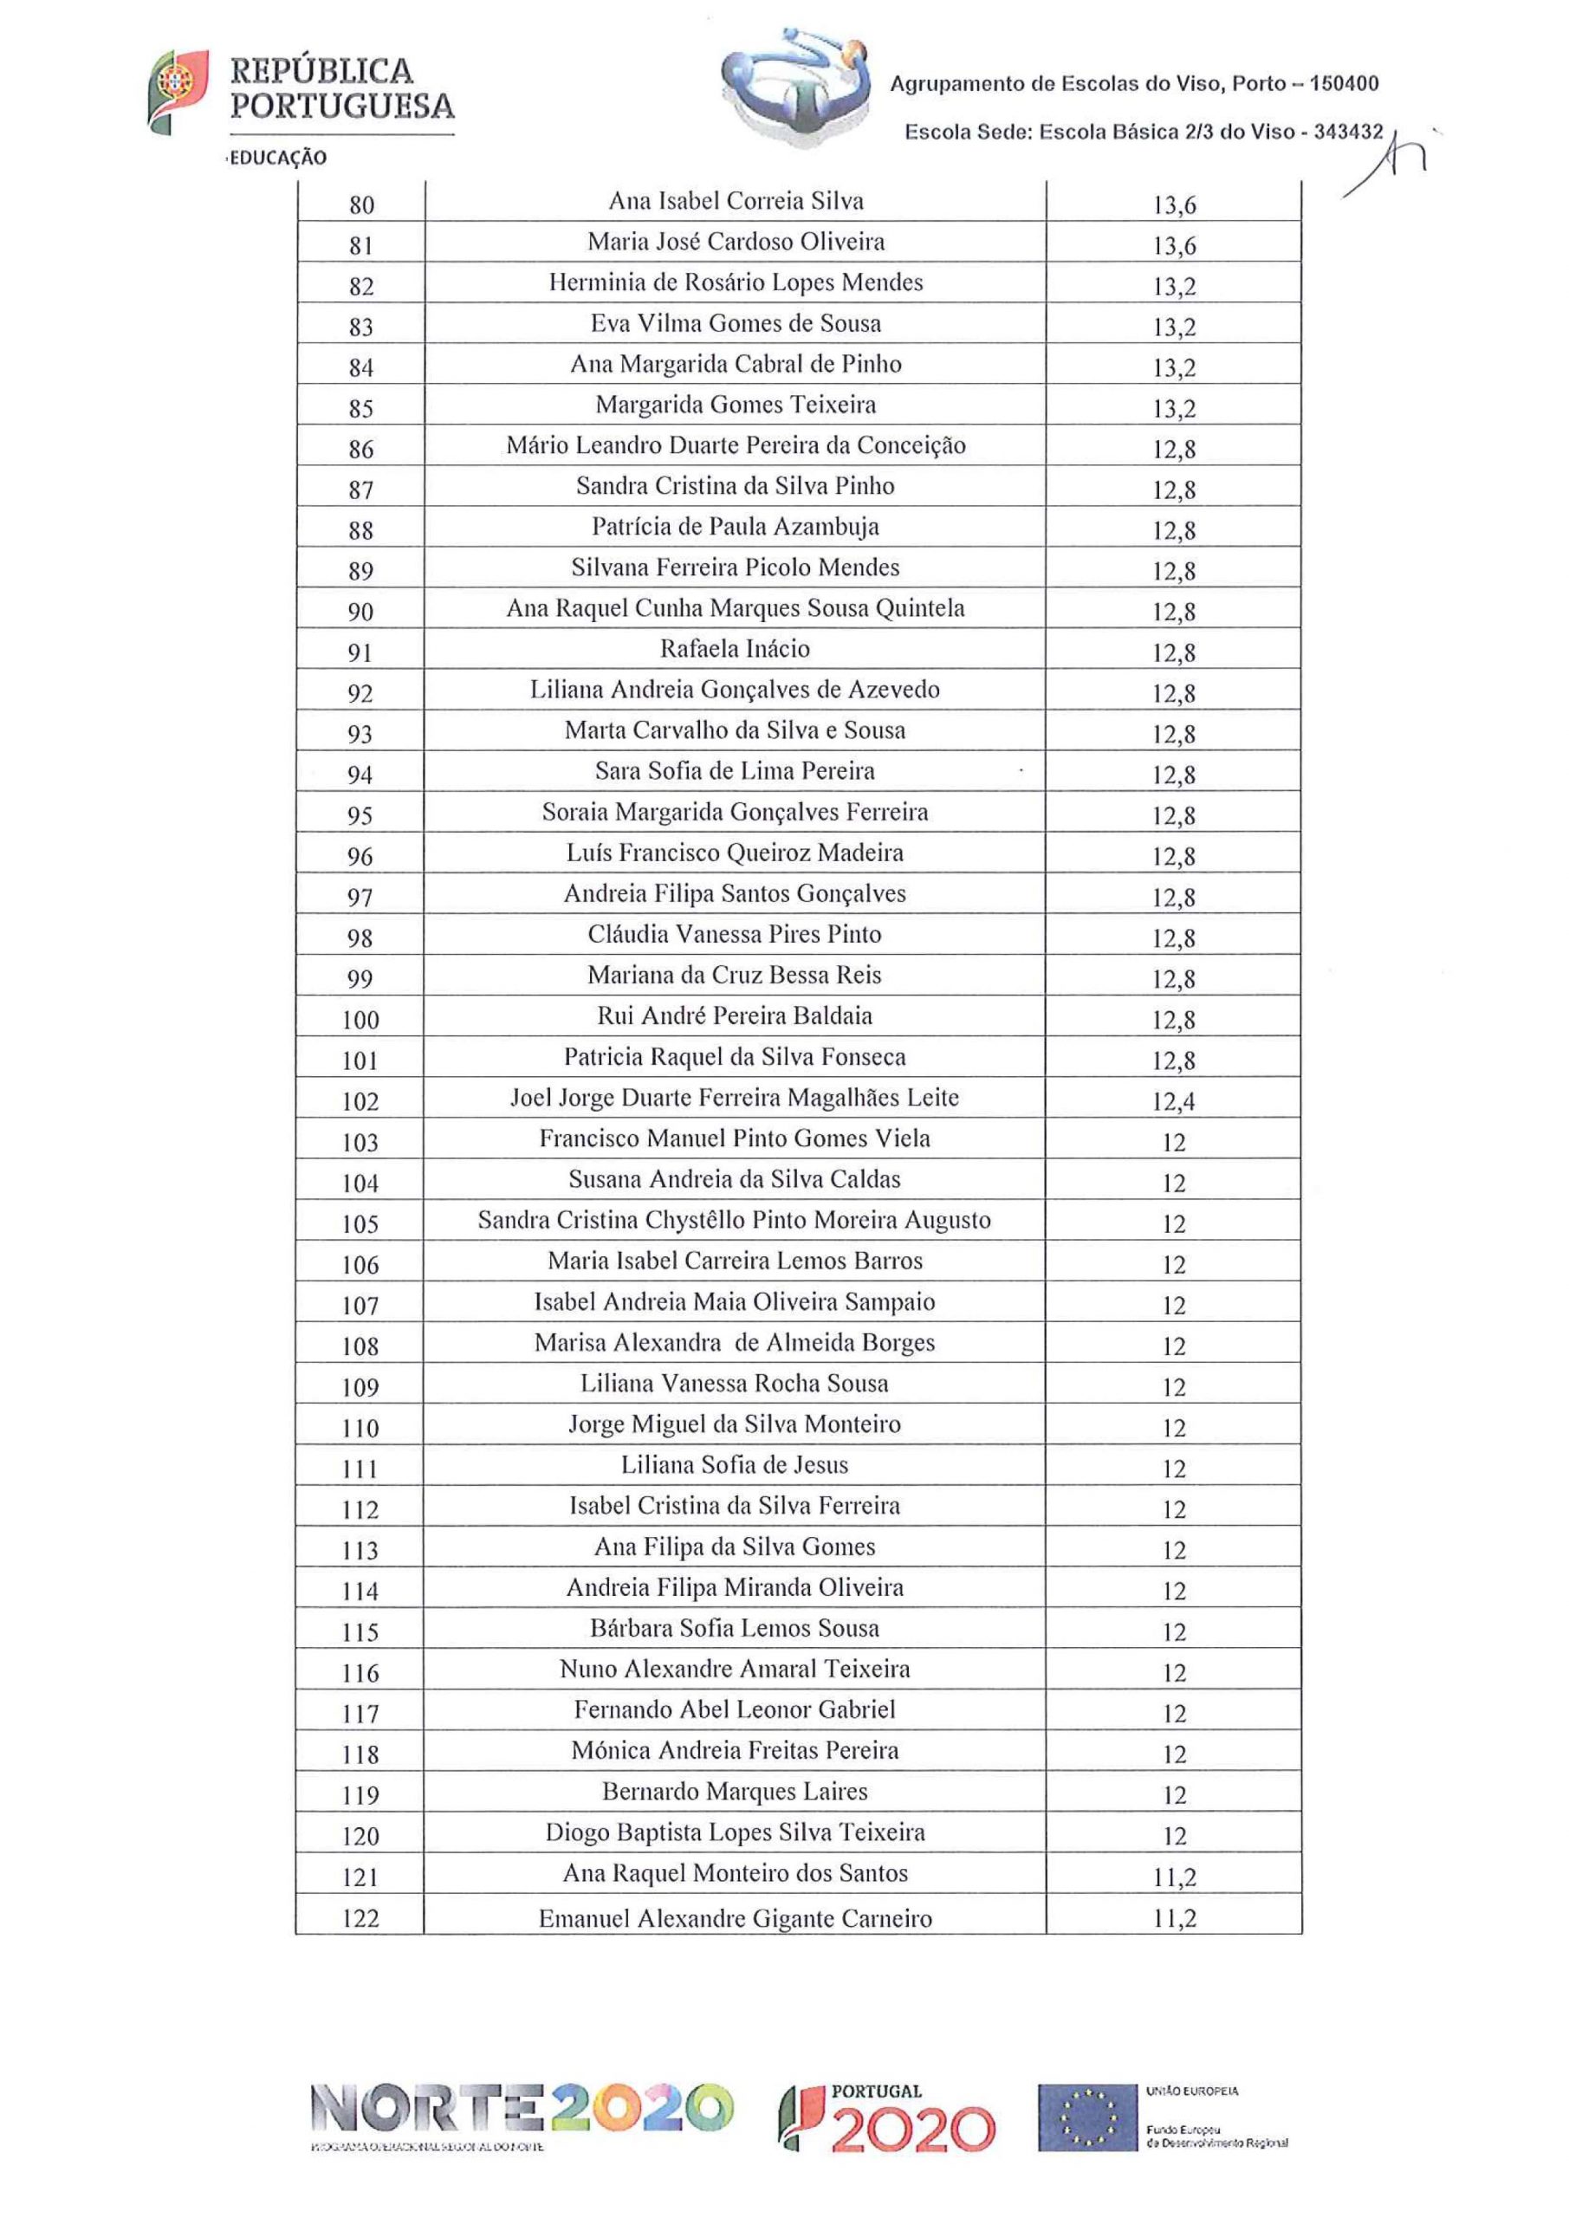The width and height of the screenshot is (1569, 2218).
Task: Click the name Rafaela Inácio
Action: (x=735, y=649)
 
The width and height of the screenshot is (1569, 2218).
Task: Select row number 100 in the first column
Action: (x=360, y=1020)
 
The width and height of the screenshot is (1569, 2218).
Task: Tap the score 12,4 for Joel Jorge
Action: (x=1173, y=1101)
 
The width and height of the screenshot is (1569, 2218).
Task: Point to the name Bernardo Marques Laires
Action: (x=735, y=1792)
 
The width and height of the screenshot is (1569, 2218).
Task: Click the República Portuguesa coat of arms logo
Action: (x=177, y=92)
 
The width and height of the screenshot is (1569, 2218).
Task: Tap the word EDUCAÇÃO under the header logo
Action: (x=278, y=158)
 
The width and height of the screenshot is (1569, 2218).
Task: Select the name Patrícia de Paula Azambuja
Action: (x=735, y=528)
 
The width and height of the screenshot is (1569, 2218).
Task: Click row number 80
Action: (x=360, y=204)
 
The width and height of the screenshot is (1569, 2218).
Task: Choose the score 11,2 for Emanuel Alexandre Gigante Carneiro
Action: (x=1173, y=1918)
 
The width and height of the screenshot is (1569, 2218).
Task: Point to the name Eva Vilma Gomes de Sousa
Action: (x=735, y=324)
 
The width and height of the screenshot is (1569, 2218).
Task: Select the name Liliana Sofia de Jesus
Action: (x=735, y=1465)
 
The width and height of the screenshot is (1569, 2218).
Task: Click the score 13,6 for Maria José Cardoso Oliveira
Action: (x=1173, y=246)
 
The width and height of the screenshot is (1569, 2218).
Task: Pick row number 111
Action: (x=360, y=1469)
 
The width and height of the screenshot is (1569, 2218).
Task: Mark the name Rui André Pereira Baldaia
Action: (x=735, y=1016)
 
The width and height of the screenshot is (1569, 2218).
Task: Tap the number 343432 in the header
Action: (x=1349, y=133)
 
